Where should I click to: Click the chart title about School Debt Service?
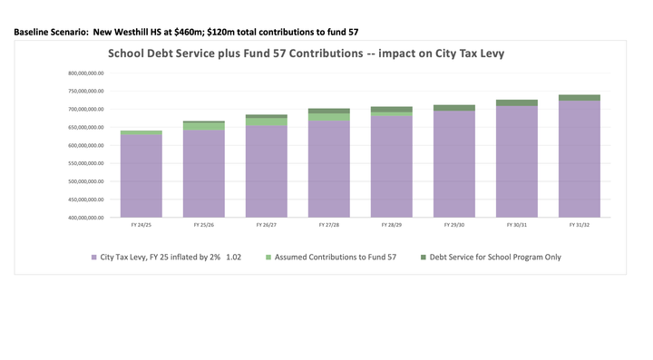(306, 54)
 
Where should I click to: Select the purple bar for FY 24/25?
(141, 177)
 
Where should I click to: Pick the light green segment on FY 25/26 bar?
(204, 126)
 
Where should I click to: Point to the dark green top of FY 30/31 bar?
(517, 102)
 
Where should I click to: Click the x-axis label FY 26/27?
(267, 224)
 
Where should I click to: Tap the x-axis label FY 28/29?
(392, 224)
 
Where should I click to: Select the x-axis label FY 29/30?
(454, 224)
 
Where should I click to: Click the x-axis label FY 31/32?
(580, 224)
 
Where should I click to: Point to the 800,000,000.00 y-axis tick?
(85, 73)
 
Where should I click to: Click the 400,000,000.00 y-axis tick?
(85, 218)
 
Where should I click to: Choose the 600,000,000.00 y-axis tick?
(85, 145)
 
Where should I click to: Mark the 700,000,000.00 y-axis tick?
(85, 109)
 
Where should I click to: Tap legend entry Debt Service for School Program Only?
(493, 258)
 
